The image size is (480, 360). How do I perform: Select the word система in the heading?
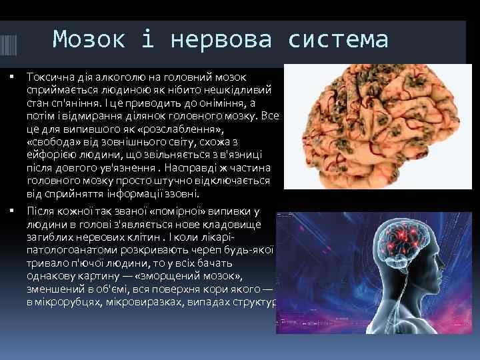pos(338,40)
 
